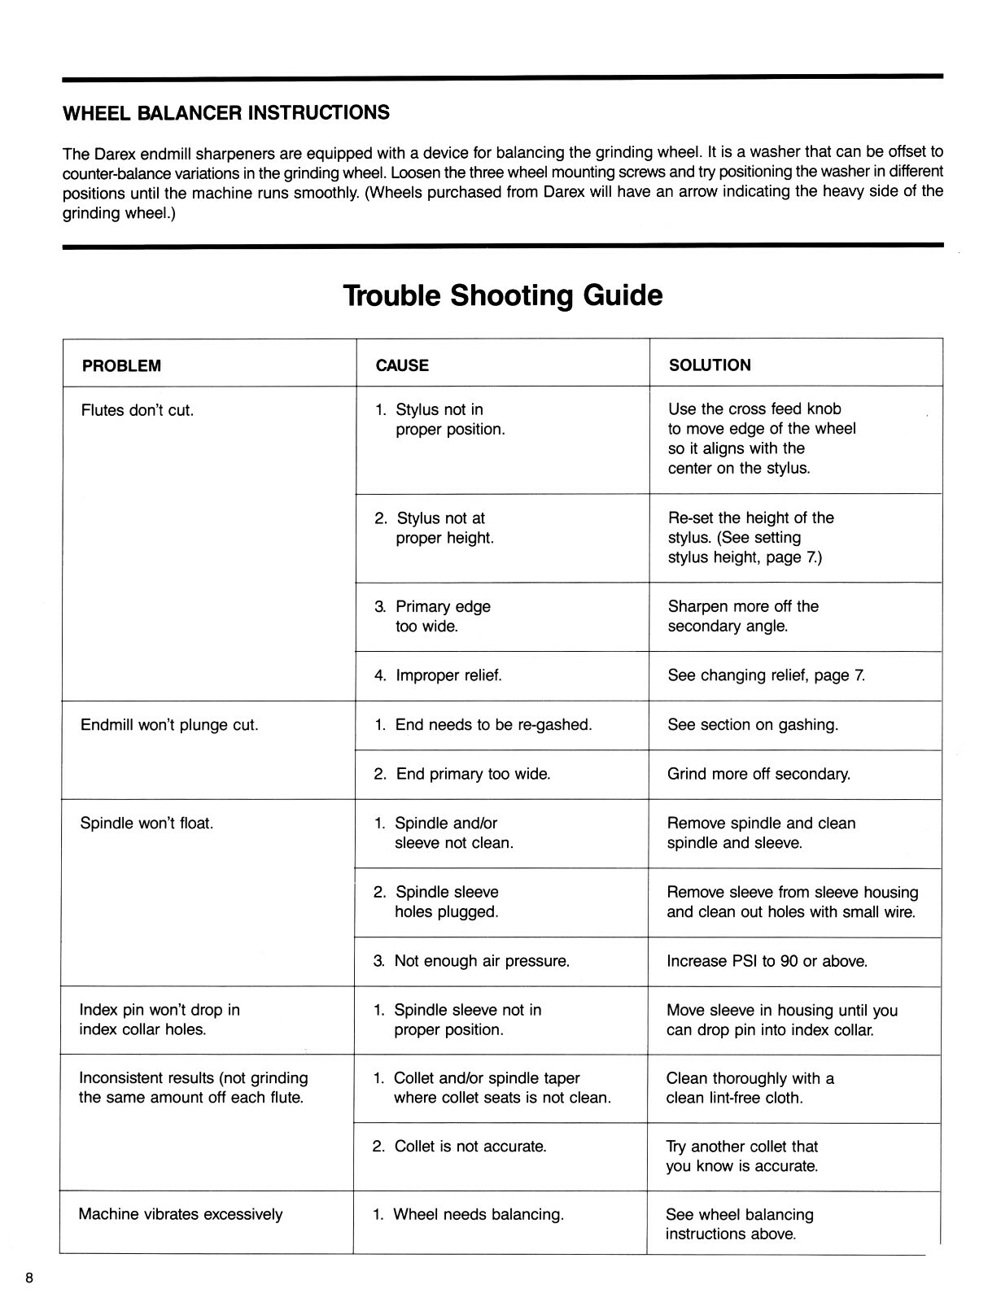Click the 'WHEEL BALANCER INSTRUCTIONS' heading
point(226,112)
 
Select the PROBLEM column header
point(121,366)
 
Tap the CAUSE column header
point(402,366)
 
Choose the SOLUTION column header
point(710,365)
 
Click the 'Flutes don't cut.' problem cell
point(138,410)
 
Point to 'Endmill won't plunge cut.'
point(169,725)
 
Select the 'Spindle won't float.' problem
point(146,823)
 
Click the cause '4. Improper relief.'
point(438,675)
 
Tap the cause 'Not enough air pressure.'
point(471,961)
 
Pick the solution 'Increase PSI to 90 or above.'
point(767,961)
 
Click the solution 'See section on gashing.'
point(753,725)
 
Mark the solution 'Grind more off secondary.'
point(758,774)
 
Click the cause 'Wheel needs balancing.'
point(469,1215)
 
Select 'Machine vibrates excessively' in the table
point(181,1215)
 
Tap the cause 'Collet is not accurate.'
point(460,1147)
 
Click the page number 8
point(29,1278)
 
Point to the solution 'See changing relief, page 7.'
point(767,675)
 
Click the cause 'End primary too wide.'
point(462,774)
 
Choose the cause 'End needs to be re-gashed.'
point(483,725)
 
